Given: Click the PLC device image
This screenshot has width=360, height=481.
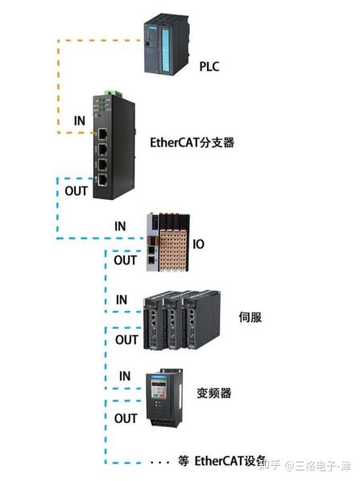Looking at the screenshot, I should point(168,45).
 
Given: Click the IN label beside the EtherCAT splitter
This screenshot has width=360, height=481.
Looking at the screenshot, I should point(80,120).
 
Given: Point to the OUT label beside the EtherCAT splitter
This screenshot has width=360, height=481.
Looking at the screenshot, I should point(76,191).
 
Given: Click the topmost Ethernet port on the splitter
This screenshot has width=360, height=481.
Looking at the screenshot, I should point(102,132).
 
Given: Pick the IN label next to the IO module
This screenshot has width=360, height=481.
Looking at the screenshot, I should point(120,227).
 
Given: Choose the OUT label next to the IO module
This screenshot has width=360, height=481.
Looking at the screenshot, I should point(125,260).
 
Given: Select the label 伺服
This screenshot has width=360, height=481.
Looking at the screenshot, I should point(250,317).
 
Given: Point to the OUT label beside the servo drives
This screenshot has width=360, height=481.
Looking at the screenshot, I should point(126,339).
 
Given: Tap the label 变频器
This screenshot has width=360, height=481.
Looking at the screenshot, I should point(213,393).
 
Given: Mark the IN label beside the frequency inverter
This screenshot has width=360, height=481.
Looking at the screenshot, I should point(124,376).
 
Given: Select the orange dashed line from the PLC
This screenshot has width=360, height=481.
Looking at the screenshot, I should point(56,81).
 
